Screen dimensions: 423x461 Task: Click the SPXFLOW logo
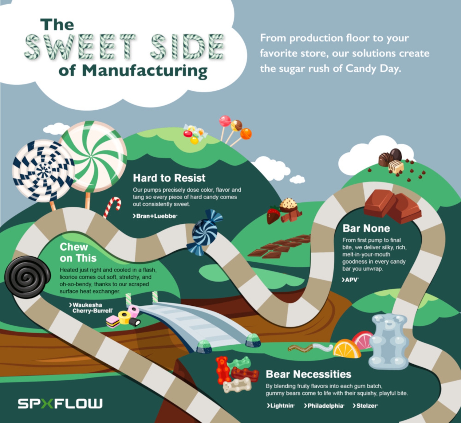pyautogui.click(x=60, y=403)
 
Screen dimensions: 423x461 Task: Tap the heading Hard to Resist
pyautogui.click(x=169, y=178)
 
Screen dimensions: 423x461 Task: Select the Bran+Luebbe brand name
pyautogui.click(x=155, y=216)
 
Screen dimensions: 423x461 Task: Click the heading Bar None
pyautogui.click(x=366, y=228)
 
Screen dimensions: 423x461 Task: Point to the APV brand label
pyautogui.click(x=350, y=280)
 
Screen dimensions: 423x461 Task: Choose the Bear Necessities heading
pyautogui.click(x=308, y=374)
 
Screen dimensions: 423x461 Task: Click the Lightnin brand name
pyautogui.click(x=281, y=406)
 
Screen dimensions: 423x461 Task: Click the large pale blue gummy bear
pyautogui.click(x=389, y=341)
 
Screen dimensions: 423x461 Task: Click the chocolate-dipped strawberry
pyautogui.click(x=273, y=215)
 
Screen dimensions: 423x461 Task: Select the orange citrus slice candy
pyautogui.click(x=346, y=349)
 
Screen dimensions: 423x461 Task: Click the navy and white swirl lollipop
pyautogui.click(x=43, y=170)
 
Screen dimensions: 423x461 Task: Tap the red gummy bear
pyautogui.click(x=223, y=370)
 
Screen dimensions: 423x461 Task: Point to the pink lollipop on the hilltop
pyautogui.click(x=225, y=121)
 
